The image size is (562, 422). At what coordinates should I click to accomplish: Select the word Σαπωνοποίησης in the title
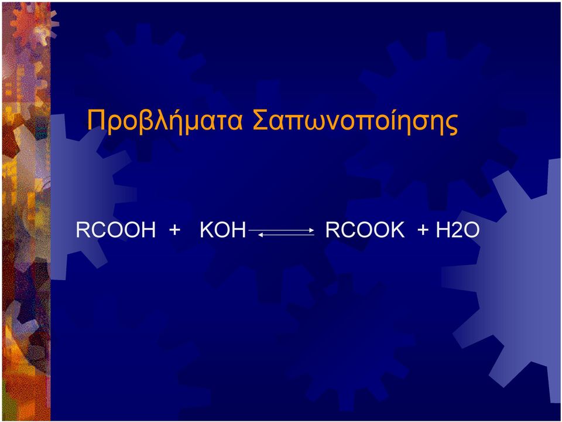coord(355,122)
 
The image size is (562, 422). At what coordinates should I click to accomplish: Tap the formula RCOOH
coord(116,230)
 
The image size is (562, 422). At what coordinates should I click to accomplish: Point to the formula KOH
coord(223,230)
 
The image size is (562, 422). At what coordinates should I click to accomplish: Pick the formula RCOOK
coord(365,230)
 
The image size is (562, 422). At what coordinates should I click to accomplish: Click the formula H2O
coord(457,230)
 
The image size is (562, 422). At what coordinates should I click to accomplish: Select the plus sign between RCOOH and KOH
coord(174,230)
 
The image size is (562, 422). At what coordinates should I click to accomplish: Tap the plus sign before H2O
coord(423,230)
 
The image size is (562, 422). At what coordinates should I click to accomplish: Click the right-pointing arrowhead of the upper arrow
coord(312,230)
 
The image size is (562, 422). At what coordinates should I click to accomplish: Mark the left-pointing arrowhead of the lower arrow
coord(261,234)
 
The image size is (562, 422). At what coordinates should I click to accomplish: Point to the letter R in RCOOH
coord(83,230)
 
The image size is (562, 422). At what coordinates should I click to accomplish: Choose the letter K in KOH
coord(207,230)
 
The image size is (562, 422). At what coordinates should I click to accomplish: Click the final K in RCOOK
coord(397,230)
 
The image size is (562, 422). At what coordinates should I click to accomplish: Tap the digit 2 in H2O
coord(457,230)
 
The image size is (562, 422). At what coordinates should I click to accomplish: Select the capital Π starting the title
coord(95,120)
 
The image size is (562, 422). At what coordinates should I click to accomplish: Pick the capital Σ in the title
coord(260,120)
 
